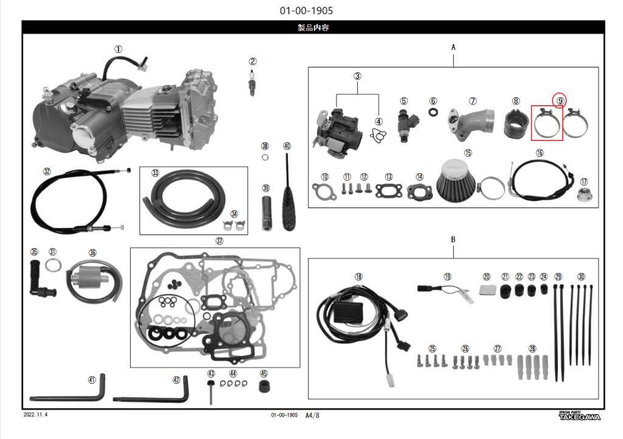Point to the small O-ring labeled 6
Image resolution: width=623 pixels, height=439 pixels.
[x=433, y=112]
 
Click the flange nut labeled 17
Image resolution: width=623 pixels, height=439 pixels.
[x=583, y=195]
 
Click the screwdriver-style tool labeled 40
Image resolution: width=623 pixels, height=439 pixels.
[x=287, y=194]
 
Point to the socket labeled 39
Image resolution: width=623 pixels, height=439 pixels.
[x=266, y=212]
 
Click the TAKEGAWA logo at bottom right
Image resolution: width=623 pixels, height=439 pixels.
[x=579, y=416]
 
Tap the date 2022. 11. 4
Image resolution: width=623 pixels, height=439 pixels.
[x=35, y=415]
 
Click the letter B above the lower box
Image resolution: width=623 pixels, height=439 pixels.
[x=453, y=239]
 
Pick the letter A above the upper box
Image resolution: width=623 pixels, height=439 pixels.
[x=453, y=47]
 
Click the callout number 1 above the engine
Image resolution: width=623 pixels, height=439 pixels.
[x=119, y=49]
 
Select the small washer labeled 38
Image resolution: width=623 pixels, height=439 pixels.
[x=265, y=158]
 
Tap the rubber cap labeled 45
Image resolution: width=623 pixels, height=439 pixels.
[x=264, y=387]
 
